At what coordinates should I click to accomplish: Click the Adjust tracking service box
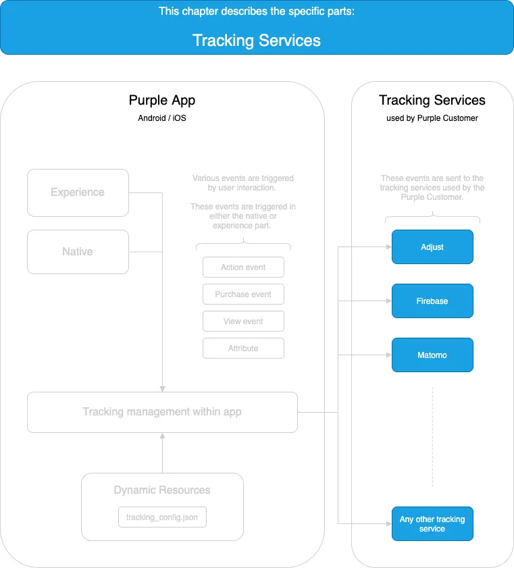pos(432,247)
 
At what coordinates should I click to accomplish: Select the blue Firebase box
pos(432,301)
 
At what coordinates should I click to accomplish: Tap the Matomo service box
pos(432,355)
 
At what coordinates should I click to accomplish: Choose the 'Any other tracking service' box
pos(432,523)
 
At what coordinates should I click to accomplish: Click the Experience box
pos(78,192)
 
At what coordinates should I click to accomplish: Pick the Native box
pos(78,252)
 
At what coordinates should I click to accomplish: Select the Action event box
pos(243,267)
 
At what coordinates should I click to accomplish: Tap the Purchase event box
pos(243,294)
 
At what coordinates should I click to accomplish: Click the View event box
pos(243,321)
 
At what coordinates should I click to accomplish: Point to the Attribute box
pos(243,348)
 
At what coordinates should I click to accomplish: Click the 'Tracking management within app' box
pos(162,412)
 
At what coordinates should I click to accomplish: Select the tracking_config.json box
pos(162,517)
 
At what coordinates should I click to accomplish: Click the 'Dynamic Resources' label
pos(162,490)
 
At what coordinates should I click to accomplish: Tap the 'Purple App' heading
pos(162,101)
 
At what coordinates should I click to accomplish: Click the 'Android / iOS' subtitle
pos(162,118)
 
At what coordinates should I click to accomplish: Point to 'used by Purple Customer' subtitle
pos(432,118)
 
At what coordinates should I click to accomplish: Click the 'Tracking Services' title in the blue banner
pos(257,41)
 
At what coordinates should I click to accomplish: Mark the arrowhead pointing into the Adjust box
pos(389,247)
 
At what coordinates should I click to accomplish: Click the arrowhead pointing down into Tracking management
pos(162,389)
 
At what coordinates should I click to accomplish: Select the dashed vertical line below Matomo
pos(432,437)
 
